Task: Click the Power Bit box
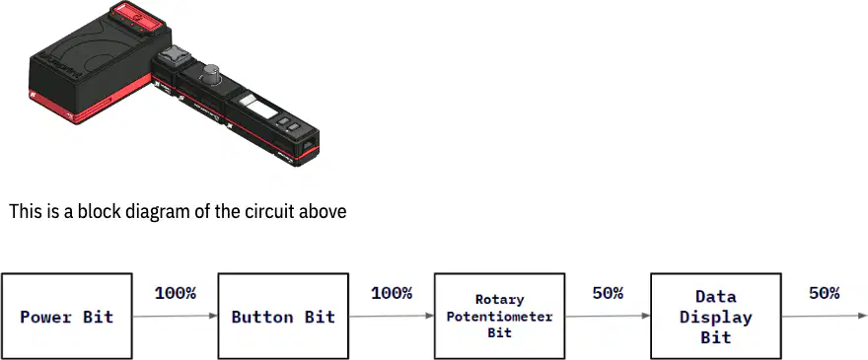point(67,316)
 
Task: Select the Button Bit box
point(283,316)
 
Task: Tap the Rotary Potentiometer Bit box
point(499,316)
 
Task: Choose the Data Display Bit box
point(716,316)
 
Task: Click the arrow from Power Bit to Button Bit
point(175,316)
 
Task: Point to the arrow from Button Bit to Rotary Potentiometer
point(392,316)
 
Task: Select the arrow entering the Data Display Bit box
point(608,316)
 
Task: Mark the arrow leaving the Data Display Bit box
point(825,316)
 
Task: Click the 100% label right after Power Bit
point(176,293)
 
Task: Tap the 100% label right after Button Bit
point(392,293)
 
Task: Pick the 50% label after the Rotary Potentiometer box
point(608,293)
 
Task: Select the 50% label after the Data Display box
point(825,293)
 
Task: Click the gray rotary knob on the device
point(211,75)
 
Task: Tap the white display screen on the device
point(257,106)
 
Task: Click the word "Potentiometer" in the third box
point(499,317)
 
